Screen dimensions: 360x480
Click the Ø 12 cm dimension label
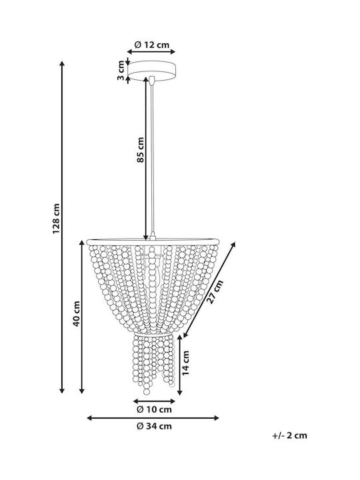[x=152, y=45]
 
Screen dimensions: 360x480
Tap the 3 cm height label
[x=121, y=70]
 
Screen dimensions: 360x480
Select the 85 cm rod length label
[x=140, y=150]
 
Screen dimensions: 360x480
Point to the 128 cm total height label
[x=56, y=218]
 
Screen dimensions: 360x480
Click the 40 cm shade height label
[x=76, y=313]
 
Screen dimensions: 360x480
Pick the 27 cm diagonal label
[x=215, y=292]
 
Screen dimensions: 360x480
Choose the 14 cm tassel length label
[x=185, y=363]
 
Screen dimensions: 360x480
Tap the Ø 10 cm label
[x=154, y=409]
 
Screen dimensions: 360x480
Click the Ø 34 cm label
[x=154, y=426]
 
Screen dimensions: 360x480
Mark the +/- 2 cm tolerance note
[x=289, y=435]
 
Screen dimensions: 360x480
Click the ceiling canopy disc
[x=152, y=71]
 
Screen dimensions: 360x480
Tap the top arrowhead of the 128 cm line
[x=62, y=63]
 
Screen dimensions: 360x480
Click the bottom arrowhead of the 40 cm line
[x=82, y=391]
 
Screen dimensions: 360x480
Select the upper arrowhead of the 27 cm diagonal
[x=233, y=244]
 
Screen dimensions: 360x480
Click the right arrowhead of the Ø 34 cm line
[x=217, y=418]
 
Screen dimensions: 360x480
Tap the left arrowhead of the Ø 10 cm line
[x=135, y=401]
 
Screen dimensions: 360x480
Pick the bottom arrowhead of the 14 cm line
[x=180, y=392]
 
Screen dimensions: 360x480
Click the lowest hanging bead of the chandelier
[x=147, y=391]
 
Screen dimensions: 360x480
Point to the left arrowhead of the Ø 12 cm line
[x=129, y=52]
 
